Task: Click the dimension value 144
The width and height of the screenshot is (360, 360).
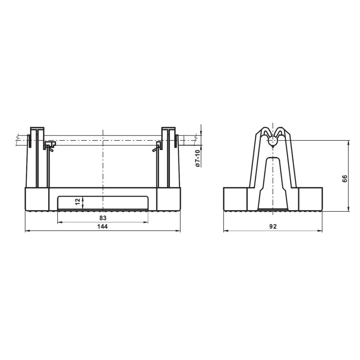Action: coord(102,227)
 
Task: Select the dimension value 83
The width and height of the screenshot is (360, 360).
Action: coord(102,218)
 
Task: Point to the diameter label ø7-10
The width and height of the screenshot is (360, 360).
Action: coord(197,159)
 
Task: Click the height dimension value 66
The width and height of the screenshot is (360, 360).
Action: coord(344,178)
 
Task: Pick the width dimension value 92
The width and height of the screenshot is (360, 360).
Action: coord(273,227)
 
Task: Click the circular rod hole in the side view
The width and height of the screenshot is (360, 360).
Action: coord(273,140)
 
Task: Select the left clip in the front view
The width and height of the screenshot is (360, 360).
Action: coord(49,147)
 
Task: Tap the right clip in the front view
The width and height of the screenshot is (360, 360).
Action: coord(158,147)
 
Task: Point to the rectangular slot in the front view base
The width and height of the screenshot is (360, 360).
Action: coord(102,202)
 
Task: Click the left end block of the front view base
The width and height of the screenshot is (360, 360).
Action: coord(37,199)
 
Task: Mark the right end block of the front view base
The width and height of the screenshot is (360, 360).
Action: coord(169,199)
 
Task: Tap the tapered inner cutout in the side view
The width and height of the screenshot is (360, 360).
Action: coord(273,182)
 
